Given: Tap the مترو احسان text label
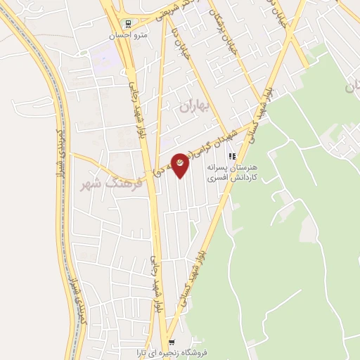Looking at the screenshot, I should point(126,34).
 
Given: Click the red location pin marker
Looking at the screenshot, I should point(181,164).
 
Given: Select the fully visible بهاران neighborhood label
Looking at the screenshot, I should point(195,107).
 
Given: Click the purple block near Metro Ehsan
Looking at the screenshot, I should point(105,53).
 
